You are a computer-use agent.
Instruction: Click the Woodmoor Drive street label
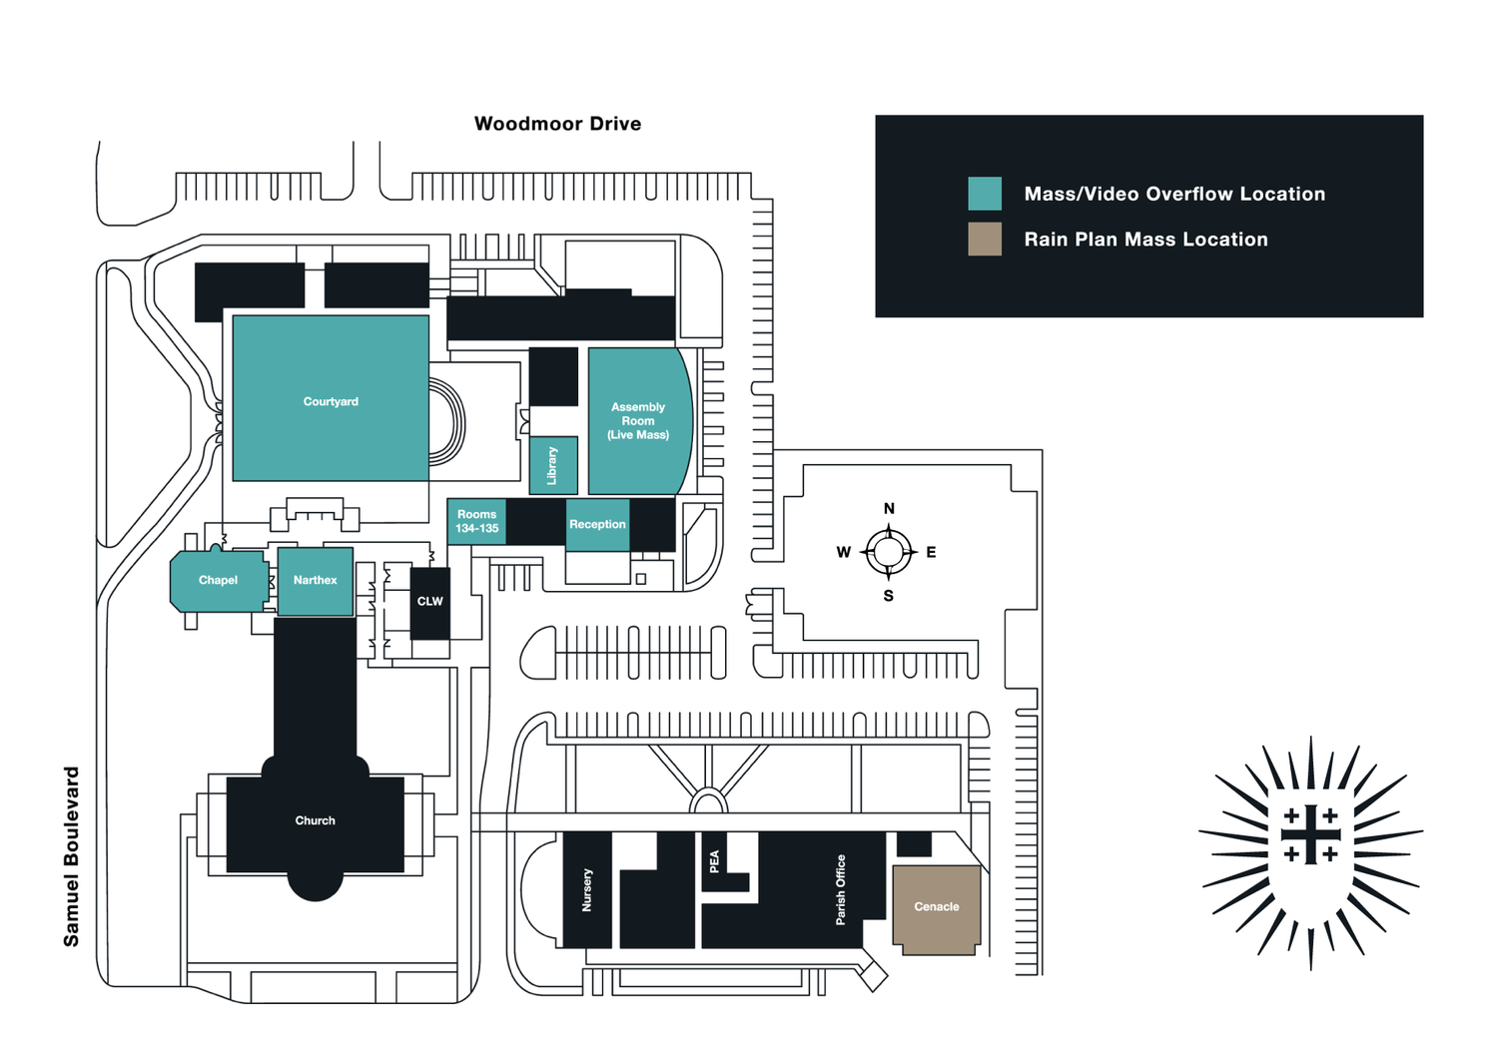557,124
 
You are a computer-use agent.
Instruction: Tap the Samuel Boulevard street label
71,856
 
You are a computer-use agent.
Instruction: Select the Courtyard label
331,401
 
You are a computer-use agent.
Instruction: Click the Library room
553,465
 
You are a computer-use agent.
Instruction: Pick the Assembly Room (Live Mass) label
638,421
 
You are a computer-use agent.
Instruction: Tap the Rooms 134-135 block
476,521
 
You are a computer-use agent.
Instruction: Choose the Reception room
598,525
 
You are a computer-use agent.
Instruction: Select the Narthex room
315,581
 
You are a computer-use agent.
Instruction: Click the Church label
315,820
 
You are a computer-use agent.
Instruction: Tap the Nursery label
587,890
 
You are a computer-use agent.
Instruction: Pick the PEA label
714,861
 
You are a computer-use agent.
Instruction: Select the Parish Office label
841,890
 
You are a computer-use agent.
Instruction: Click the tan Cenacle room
937,909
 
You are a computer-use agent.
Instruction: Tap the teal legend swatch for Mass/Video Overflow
985,194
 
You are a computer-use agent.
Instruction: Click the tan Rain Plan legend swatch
985,240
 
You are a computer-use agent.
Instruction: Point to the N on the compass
889,508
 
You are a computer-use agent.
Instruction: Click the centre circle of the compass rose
889,552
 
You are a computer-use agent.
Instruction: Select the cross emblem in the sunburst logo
1310,834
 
